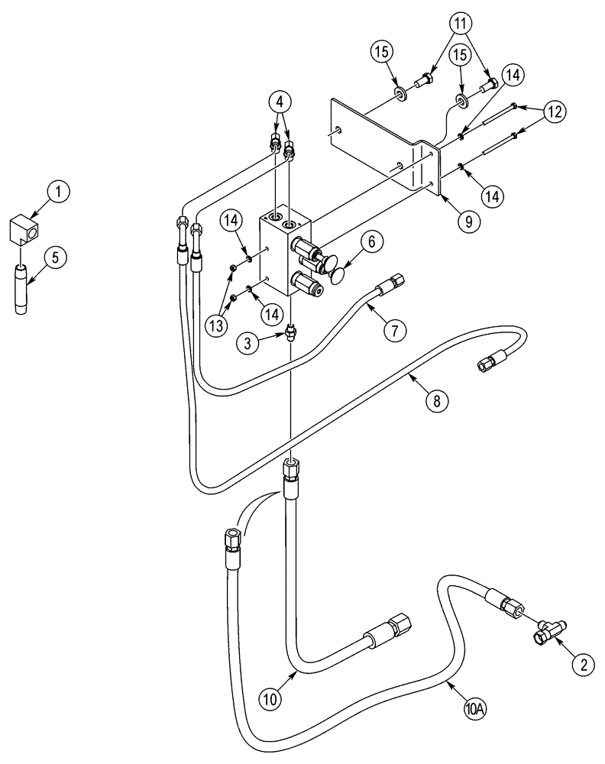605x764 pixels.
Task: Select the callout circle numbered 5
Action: (x=54, y=259)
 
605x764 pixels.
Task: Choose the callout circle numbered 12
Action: (x=555, y=112)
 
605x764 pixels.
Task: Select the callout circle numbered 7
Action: (x=395, y=329)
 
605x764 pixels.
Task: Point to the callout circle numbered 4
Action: (x=280, y=101)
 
